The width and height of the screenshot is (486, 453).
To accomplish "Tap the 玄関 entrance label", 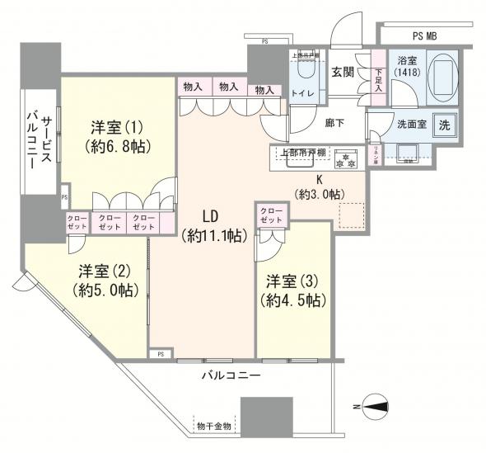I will [x=343, y=72].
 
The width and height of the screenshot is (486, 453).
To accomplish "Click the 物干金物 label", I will [x=215, y=426].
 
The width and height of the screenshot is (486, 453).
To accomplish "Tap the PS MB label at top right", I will [x=432, y=35].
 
